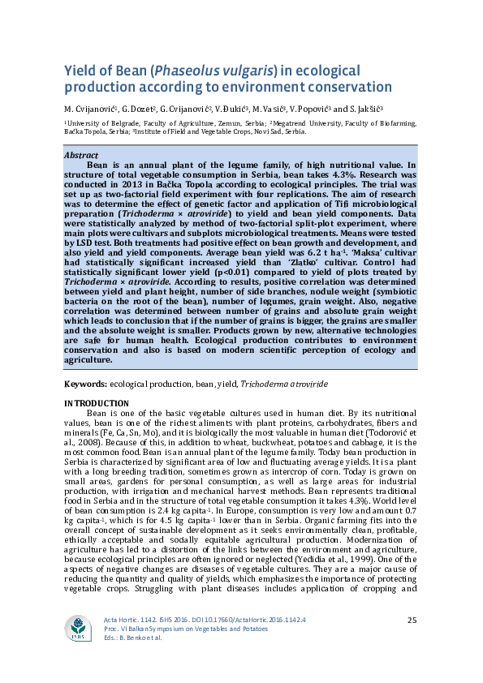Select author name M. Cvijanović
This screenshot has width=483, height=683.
[91, 108]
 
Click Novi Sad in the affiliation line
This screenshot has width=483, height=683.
[265, 131]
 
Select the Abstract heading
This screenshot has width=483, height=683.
[80, 154]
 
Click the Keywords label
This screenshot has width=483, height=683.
[84, 381]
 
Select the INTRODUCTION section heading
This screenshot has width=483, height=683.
[96, 403]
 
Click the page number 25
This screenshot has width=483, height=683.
[411, 620]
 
